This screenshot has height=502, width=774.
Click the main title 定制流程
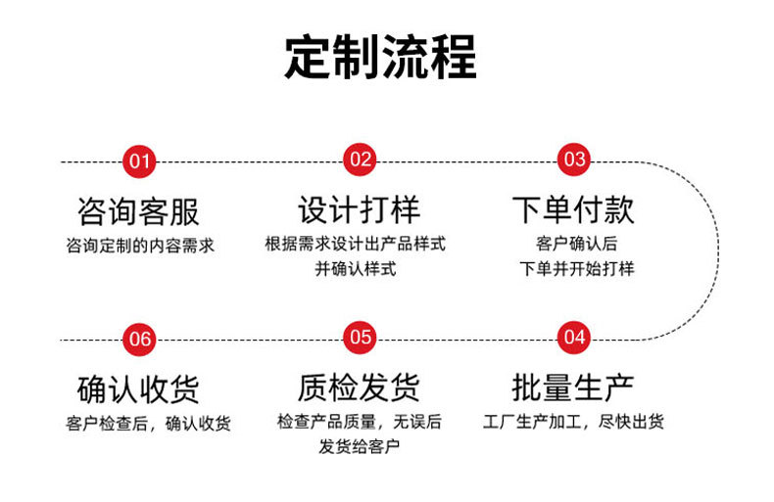[x=380, y=58]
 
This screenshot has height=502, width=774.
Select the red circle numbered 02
[x=360, y=160]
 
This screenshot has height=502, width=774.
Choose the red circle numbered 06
[x=140, y=339]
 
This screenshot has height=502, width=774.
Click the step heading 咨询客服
[x=138, y=210]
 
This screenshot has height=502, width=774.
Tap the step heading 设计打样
[x=359, y=209]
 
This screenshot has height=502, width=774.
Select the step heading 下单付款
[x=573, y=209]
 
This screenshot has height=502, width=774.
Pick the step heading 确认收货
[x=138, y=388]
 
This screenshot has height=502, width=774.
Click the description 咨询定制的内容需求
[x=139, y=245]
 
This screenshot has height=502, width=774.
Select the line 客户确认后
[x=576, y=245]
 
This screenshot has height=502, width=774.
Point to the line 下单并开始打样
[x=576, y=268]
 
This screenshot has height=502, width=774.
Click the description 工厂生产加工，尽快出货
[x=574, y=423]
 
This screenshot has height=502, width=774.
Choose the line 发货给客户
[x=359, y=447]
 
